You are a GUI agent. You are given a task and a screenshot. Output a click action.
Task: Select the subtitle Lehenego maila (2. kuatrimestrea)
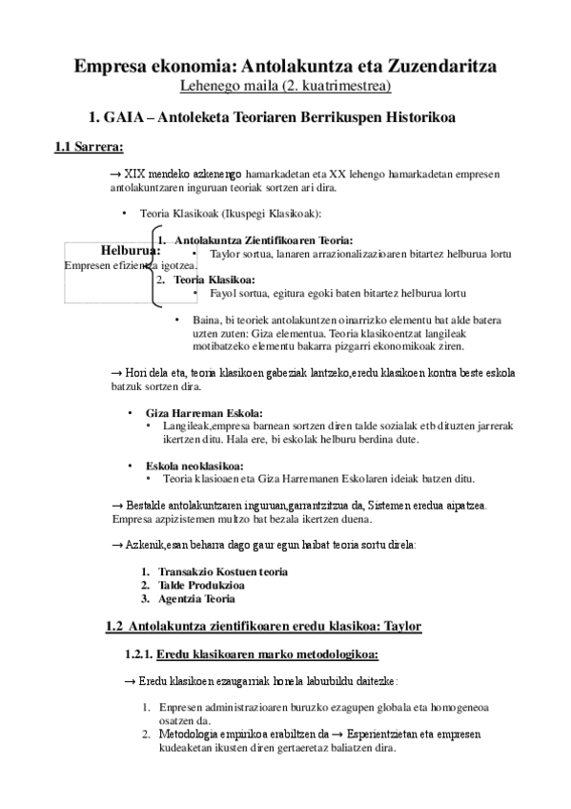coord(285,87)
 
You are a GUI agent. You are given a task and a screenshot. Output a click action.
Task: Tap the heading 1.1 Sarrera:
coord(89,148)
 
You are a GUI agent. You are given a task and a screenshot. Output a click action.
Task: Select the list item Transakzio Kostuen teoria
coord(223,571)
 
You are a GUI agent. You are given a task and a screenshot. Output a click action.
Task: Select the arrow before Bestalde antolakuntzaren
coord(116,504)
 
